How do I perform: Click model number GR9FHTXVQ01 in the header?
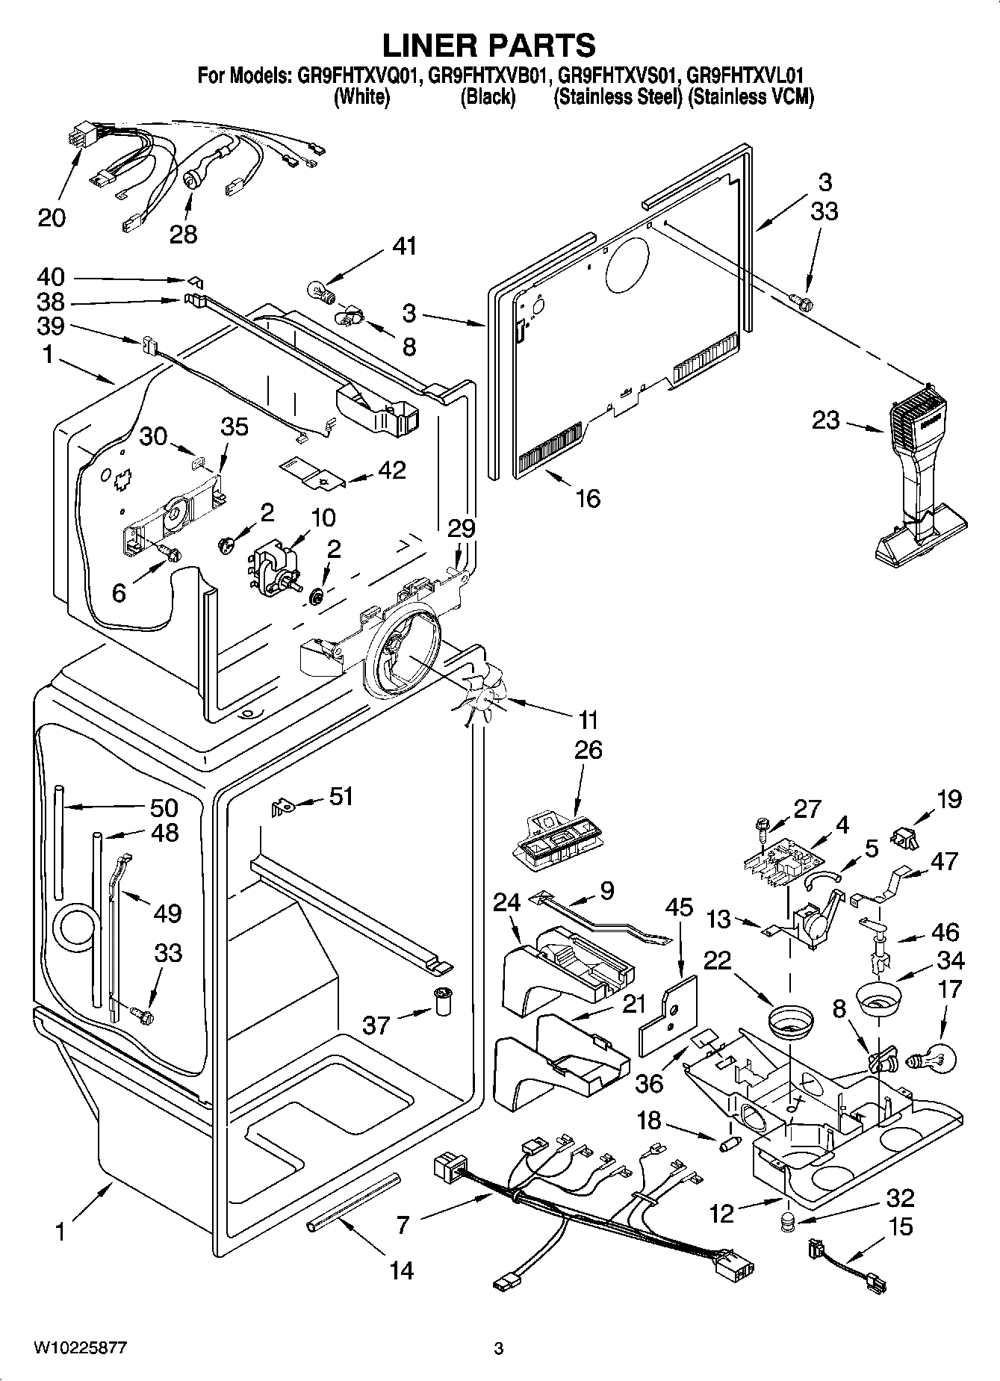361,75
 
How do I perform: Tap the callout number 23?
825,420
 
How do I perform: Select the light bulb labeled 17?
929,1058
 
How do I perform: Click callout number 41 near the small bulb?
405,246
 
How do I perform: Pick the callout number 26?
588,749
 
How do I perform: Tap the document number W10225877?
79,1348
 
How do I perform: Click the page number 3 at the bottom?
499,1349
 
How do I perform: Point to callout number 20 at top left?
52,217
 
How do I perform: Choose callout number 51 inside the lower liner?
341,797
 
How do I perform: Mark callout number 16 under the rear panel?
588,497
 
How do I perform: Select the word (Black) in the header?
488,96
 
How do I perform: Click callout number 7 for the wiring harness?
403,1224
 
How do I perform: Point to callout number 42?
392,470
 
